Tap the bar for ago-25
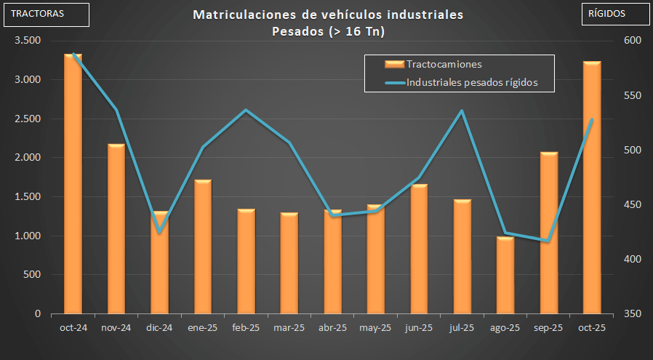[505, 276]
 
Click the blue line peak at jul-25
[462, 111]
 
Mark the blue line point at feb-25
[246, 111]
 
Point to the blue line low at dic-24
[159, 232]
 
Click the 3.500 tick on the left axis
[28, 41]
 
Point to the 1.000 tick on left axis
[28, 236]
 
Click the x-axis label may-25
[375, 328]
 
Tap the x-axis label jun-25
[419, 328]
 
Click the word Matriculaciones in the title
[237, 15]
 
